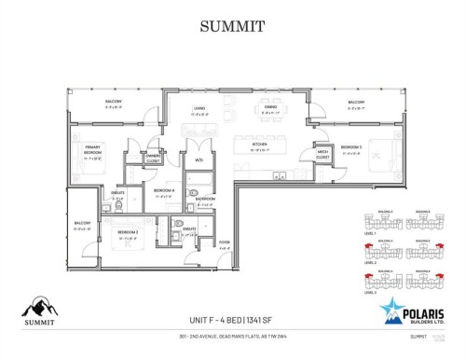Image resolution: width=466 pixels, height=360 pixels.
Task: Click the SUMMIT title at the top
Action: (233, 26)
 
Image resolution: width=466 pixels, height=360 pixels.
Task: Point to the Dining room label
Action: (269, 108)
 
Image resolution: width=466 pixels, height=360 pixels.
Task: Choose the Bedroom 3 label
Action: (350, 146)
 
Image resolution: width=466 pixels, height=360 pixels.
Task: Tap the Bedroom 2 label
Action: (128, 231)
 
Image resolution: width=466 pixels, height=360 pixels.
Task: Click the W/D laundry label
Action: (199, 161)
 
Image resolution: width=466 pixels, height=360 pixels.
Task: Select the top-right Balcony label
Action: (356, 102)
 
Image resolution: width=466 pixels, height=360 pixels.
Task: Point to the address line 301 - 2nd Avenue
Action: (233, 342)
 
